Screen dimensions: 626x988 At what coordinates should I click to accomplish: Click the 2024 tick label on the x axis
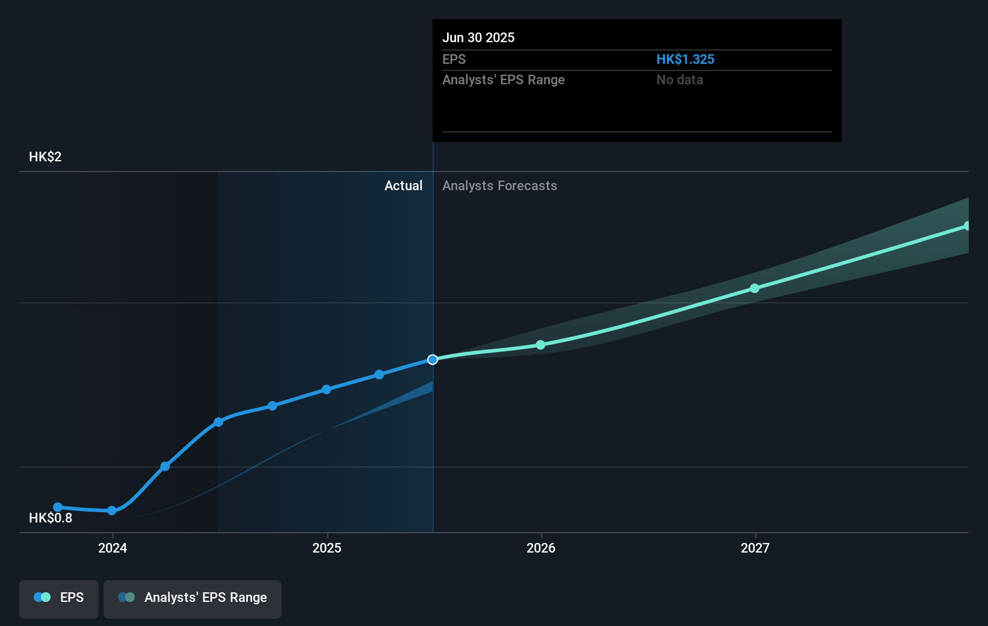click(113, 548)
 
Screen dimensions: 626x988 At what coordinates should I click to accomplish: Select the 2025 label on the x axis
click(327, 548)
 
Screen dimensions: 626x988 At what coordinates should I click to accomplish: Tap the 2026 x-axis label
click(541, 548)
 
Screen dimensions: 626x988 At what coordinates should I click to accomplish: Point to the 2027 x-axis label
click(755, 548)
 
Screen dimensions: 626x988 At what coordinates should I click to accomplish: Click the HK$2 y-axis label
click(45, 156)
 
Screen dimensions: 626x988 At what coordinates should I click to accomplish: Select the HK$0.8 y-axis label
click(51, 518)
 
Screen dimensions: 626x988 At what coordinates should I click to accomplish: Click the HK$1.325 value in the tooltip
click(685, 59)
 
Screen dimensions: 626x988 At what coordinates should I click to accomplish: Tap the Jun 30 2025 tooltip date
click(478, 37)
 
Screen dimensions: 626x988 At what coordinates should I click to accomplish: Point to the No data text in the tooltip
click(679, 79)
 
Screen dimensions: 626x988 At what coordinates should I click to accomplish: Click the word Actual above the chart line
click(403, 185)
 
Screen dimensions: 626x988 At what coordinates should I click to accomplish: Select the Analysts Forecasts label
click(499, 185)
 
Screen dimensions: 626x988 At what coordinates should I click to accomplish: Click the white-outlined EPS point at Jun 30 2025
click(433, 359)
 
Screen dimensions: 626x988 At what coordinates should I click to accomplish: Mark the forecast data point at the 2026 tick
click(540, 345)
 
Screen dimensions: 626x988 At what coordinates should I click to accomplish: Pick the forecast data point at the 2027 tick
click(755, 288)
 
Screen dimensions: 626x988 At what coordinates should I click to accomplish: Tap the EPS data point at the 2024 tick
click(112, 510)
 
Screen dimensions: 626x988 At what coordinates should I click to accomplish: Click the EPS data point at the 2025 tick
click(326, 389)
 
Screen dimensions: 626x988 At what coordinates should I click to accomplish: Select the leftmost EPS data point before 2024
click(58, 507)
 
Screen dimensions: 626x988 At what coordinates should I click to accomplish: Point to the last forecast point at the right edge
click(967, 226)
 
